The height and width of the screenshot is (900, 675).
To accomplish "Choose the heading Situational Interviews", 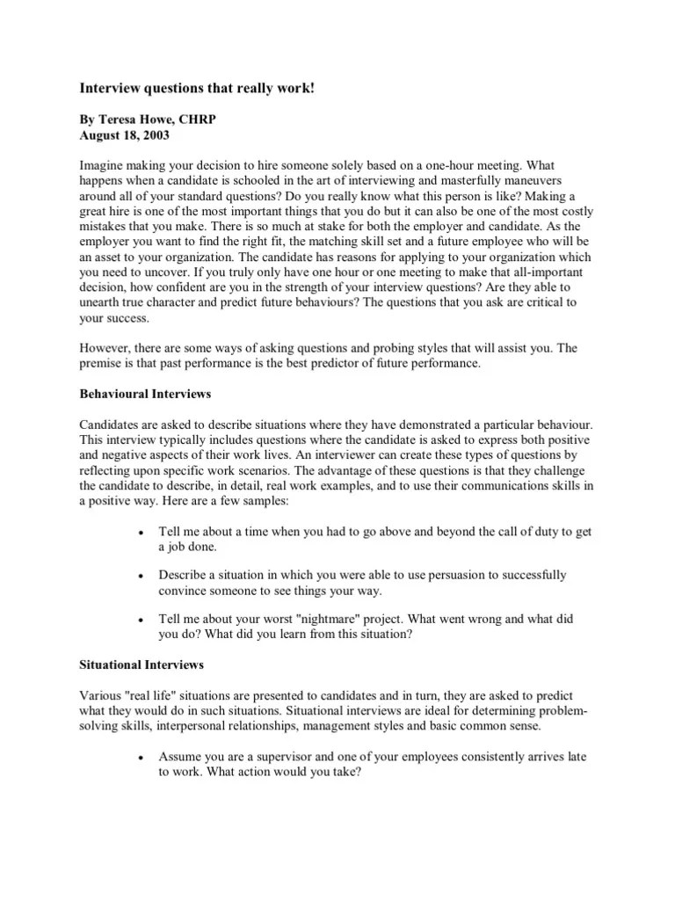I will point(142,665).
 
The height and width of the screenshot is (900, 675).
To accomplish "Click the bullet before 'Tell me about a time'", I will point(142,533).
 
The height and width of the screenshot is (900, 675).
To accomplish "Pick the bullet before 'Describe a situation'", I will point(142,576).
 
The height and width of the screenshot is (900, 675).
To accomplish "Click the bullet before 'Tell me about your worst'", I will point(142,620).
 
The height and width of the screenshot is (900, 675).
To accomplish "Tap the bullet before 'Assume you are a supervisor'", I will point(142,758).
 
